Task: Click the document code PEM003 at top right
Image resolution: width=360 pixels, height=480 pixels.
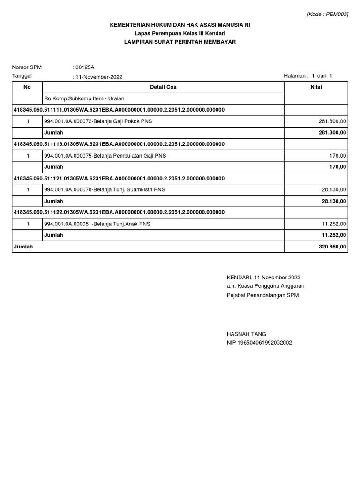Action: [327, 15]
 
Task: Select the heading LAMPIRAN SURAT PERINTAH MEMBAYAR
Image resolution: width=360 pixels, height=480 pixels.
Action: [180, 42]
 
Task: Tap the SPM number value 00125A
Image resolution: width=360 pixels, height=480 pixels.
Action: [84, 67]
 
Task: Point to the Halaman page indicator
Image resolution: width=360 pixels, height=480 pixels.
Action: [308, 76]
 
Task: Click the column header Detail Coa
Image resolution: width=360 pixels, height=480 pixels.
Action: [163, 87]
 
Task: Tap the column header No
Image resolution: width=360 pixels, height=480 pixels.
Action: [27, 87]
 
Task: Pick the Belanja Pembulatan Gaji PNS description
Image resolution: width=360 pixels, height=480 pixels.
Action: [105, 156]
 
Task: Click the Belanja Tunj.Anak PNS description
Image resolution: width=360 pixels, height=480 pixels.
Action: [97, 224]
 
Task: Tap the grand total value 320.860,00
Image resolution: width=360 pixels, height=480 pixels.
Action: [332, 246]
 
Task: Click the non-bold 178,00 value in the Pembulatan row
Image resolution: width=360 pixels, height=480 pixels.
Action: [339, 156]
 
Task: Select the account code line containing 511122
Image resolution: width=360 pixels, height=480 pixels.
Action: [120, 212]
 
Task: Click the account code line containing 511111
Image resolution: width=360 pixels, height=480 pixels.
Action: [120, 110]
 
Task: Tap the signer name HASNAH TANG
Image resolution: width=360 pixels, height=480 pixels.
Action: [246, 334]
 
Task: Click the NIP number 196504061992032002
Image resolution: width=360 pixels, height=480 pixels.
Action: [259, 343]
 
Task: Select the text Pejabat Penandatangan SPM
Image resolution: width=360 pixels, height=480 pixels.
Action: [262, 295]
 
